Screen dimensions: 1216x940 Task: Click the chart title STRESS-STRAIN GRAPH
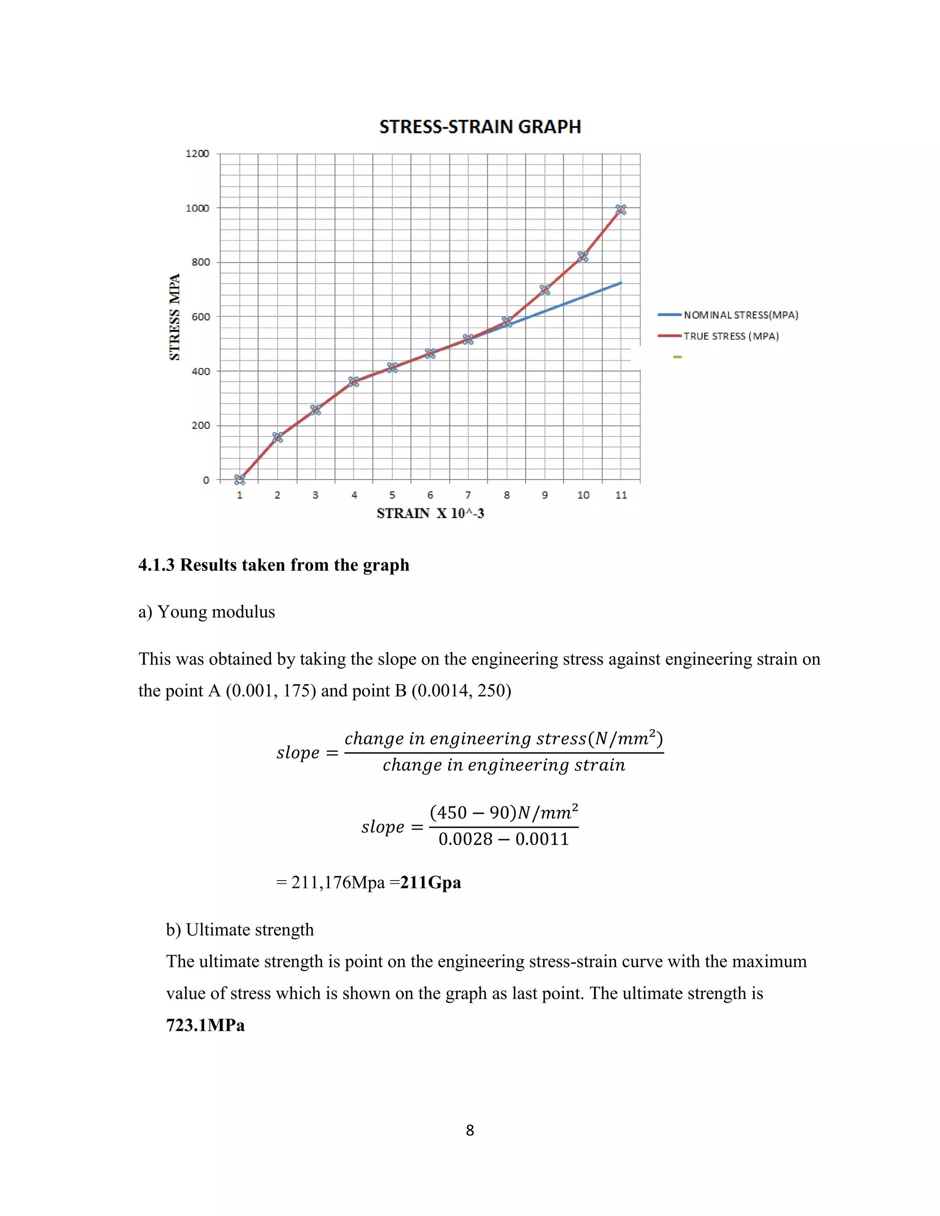tap(480, 127)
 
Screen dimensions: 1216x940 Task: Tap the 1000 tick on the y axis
tap(197, 208)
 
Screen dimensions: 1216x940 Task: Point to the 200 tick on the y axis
tap(201, 425)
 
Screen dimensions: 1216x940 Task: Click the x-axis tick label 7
tap(468, 495)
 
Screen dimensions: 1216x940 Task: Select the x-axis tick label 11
tap(621, 495)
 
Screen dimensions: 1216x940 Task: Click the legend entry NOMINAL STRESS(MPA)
tap(741, 315)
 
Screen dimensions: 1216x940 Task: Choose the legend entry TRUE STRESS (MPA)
tap(731, 336)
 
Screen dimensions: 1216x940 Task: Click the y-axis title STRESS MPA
tap(175, 317)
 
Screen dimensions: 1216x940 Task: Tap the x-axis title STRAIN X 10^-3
tap(430, 513)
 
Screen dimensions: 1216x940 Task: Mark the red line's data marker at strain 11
tap(621, 210)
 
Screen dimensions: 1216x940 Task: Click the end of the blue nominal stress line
tap(621, 283)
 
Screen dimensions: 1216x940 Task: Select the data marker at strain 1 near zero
tap(240, 480)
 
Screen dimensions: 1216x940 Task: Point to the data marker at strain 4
tap(353, 381)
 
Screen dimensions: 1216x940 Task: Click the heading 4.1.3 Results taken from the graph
tap(274, 565)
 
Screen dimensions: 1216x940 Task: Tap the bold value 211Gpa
tap(431, 882)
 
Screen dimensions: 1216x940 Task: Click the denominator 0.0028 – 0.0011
tap(504, 839)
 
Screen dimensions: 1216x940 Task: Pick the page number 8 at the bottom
tap(470, 1130)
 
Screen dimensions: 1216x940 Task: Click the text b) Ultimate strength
tap(240, 930)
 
